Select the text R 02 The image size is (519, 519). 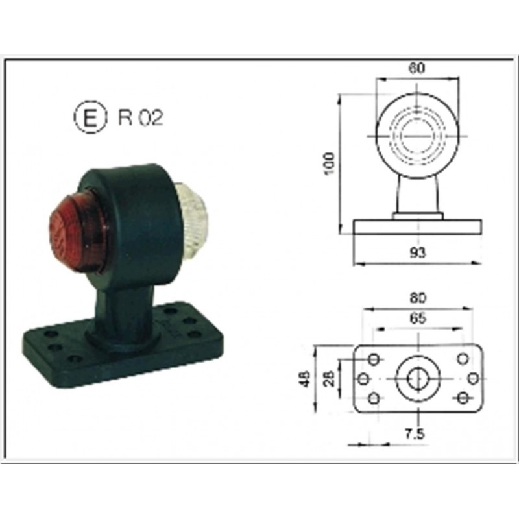pos(141,117)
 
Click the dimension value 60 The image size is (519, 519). pos(416,68)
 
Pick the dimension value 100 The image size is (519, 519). pos(330,165)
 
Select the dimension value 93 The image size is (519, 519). pos(418,253)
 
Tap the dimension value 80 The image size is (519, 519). pos(418,298)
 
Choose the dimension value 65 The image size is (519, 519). pos(418,319)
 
